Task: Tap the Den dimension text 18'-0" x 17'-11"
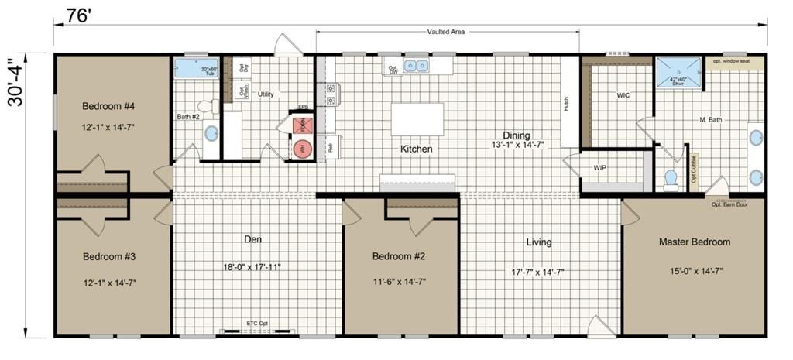[x=252, y=267]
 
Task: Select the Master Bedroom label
[x=694, y=242]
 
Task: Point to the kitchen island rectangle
[x=417, y=119]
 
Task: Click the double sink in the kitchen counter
[x=419, y=66]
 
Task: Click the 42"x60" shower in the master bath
[x=678, y=72]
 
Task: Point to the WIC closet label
[x=623, y=97]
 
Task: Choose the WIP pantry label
[x=600, y=167]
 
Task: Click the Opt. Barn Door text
[x=731, y=204]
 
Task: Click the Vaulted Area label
[x=447, y=32]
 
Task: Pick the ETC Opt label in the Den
[x=258, y=323]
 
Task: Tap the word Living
[x=539, y=242]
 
